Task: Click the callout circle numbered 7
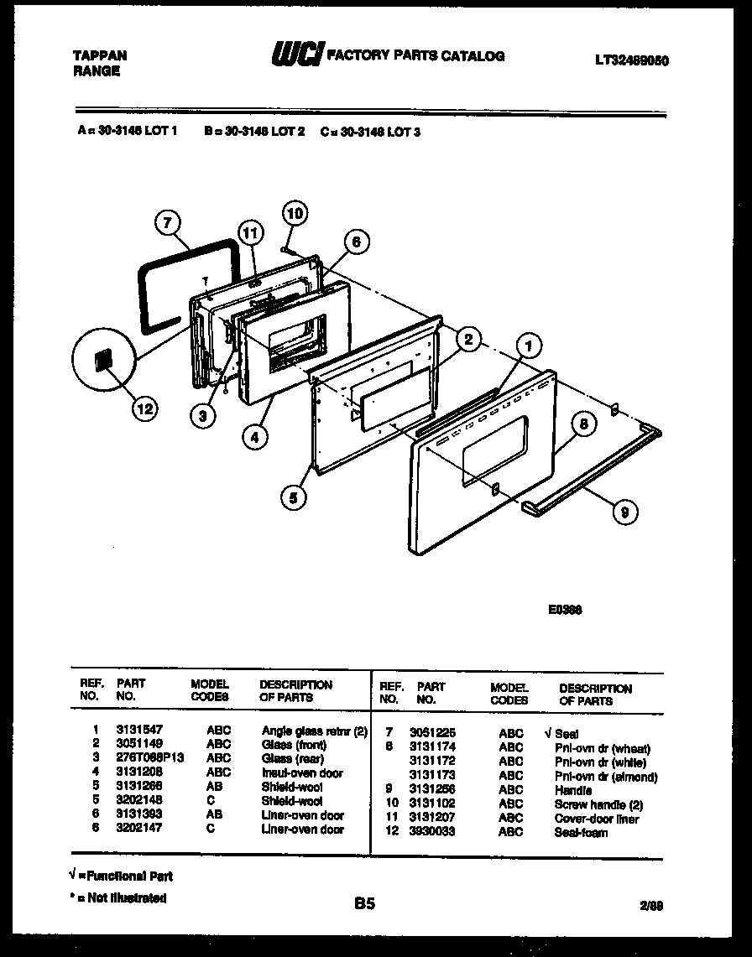[169, 222]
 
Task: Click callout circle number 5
[293, 497]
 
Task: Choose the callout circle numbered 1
[528, 344]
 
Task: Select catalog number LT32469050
[633, 60]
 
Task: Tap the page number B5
[364, 904]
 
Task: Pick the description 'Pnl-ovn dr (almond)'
[605, 777]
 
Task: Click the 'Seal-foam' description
[581, 832]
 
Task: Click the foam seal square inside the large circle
[104, 361]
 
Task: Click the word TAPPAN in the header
[100, 55]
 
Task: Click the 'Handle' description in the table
[572, 790]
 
